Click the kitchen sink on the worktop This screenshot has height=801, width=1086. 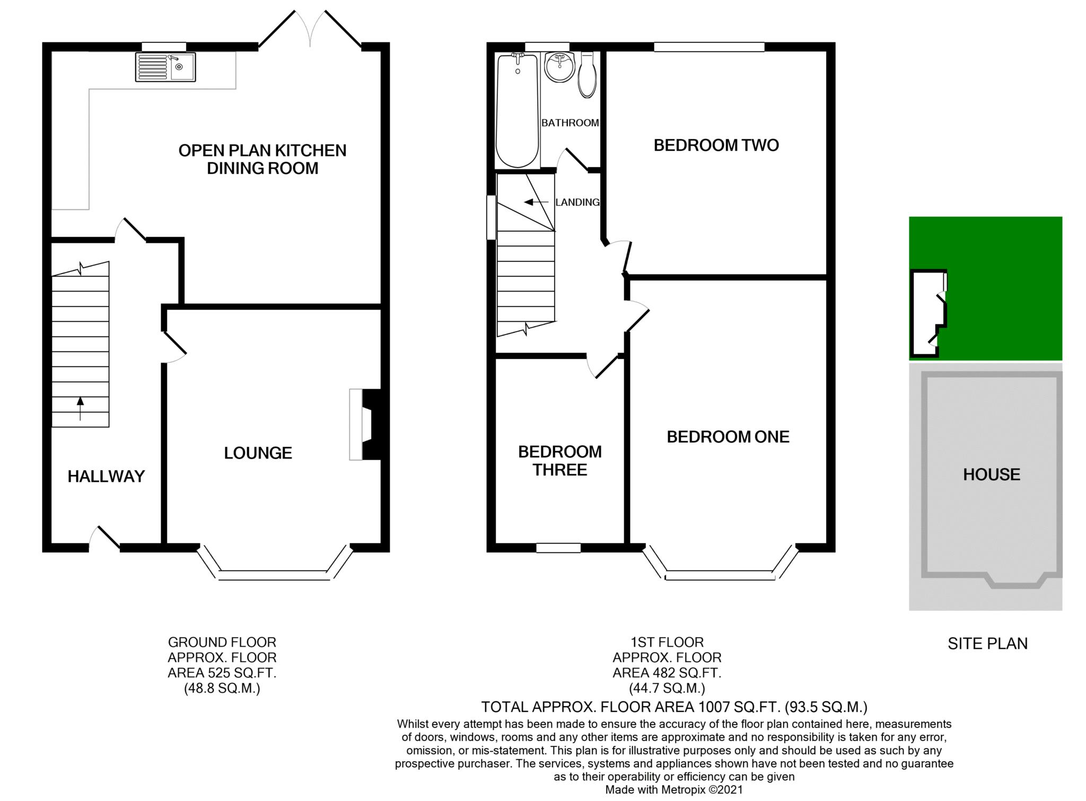tap(165, 67)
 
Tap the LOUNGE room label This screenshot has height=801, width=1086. tap(258, 453)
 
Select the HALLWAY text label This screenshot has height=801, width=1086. tap(106, 476)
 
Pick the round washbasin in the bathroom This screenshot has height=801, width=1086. tap(559, 66)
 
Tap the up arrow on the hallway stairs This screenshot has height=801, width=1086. tap(81, 408)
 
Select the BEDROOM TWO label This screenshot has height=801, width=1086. tap(716, 145)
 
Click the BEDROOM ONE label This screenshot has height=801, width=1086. tap(728, 436)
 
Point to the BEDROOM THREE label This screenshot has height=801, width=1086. tap(560, 461)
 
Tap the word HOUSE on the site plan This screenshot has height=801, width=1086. tap(992, 474)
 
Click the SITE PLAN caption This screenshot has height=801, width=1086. tap(987, 643)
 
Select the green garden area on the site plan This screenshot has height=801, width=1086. tap(1002, 288)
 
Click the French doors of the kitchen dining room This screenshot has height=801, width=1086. tap(310, 29)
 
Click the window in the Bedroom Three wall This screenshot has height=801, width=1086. tap(558, 548)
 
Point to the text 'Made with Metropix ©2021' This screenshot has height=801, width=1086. tap(674, 789)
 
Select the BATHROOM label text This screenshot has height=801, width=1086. tap(570, 122)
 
